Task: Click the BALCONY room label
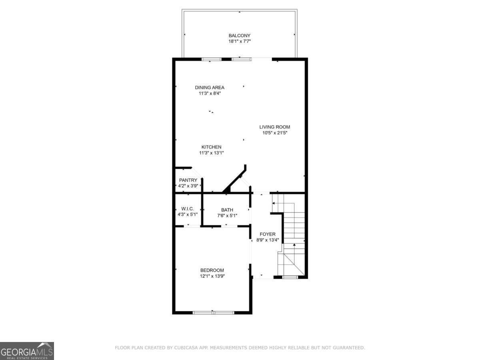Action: pyautogui.click(x=240, y=36)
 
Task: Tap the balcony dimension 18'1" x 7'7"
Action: pyautogui.click(x=240, y=41)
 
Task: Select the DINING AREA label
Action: pyautogui.click(x=210, y=88)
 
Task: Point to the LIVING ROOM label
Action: pyautogui.click(x=274, y=127)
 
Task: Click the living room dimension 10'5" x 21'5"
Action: pyautogui.click(x=275, y=133)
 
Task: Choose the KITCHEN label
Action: pyautogui.click(x=211, y=147)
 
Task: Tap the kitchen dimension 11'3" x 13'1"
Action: pyautogui.click(x=211, y=153)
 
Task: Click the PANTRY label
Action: pyautogui.click(x=188, y=180)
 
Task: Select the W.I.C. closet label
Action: pyautogui.click(x=187, y=209)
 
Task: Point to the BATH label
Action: pyautogui.click(x=227, y=210)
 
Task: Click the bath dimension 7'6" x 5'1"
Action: pyautogui.click(x=227, y=216)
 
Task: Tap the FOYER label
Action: pyautogui.click(x=268, y=234)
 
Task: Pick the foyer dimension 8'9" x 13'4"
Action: pyautogui.click(x=268, y=240)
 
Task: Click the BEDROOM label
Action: pyautogui.click(x=212, y=270)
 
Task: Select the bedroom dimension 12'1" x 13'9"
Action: pyautogui.click(x=212, y=276)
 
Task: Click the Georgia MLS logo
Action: pyautogui.click(x=27, y=351)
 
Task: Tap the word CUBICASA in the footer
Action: pyautogui.click(x=185, y=348)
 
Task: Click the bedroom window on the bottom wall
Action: pyautogui.click(x=213, y=312)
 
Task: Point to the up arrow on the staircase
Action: pyautogui.click(x=294, y=244)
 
